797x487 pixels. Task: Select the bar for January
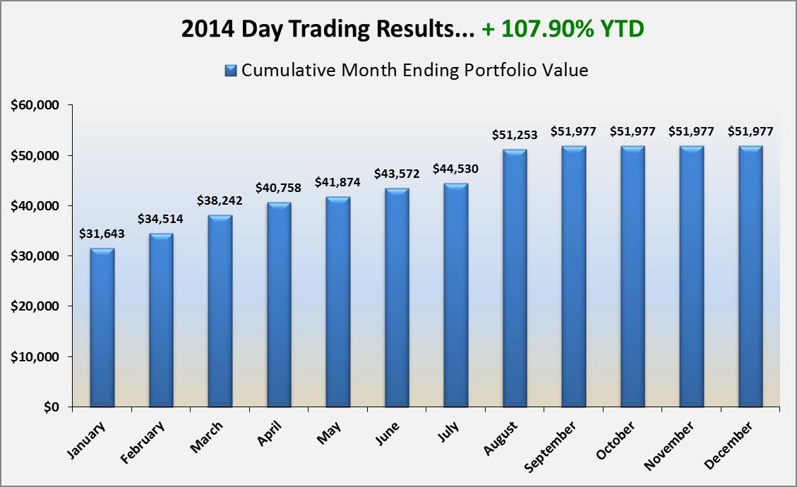tap(102, 328)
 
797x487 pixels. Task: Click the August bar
tap(515, 279)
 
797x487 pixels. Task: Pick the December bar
tap(750, 277)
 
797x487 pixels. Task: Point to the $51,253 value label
tap(515, 136)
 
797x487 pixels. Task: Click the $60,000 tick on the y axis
tap(37, 105)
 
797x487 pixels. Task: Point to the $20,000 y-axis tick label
tap(37, 306)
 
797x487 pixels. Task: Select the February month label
tap(144, 442)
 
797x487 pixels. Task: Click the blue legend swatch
tap(230, 71)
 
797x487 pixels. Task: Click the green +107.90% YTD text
tap(563, 30)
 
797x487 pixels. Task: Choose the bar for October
tap(633, 277)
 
